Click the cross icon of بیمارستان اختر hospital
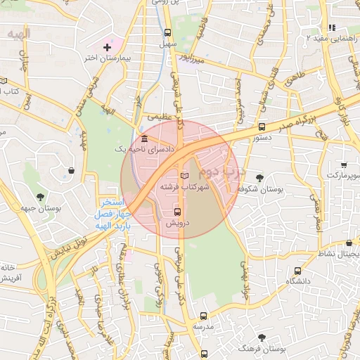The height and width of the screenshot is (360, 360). [107, 47]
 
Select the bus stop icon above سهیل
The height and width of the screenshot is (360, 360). [167, 32]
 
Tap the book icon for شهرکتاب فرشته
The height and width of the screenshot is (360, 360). [185, 175]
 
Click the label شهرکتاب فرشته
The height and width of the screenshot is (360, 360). [185, 188]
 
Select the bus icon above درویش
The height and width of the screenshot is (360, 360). [176, 211]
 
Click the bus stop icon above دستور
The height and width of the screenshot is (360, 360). [262, 127]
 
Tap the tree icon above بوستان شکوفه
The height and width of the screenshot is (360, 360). [259, 177]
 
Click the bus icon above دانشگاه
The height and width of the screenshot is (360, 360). [298, 269]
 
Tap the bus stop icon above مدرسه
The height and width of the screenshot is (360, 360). [204, 316]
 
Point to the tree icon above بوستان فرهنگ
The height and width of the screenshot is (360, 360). [262, 337]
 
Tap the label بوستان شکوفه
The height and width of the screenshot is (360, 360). [260, 189]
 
